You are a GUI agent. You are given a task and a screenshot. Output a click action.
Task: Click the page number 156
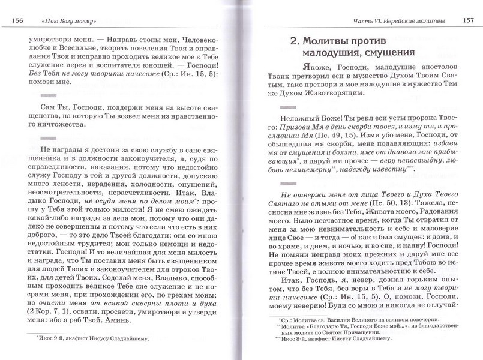click(16, 22)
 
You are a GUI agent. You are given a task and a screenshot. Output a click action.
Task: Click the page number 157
click(468, 22)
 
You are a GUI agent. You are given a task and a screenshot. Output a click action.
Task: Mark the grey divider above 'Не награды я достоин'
click(38, 140)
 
